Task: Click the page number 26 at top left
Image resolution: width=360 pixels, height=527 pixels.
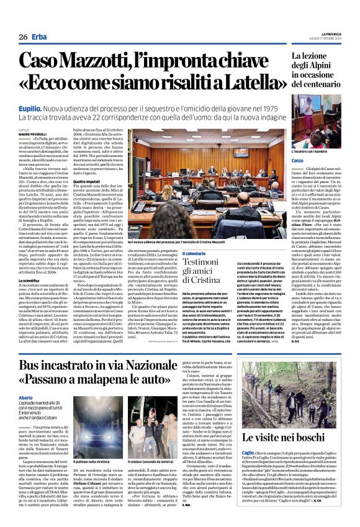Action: [x=23, y=37]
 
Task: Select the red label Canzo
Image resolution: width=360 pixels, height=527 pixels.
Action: [x=282, y=161]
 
